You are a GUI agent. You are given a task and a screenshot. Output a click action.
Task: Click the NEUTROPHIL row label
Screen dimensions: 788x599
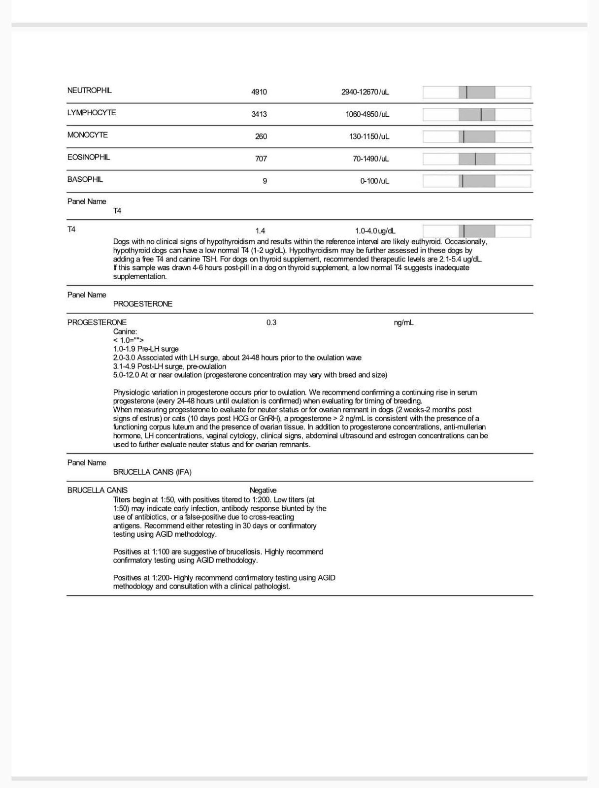[89, 91]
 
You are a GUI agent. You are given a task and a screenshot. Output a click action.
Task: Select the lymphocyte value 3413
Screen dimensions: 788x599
[259, 114]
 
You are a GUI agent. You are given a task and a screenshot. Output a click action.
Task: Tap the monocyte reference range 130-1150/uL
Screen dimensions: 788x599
[369, 136]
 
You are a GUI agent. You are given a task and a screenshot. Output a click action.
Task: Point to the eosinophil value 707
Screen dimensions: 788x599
[261, 159]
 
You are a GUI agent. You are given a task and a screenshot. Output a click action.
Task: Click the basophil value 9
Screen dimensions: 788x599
[265, 181]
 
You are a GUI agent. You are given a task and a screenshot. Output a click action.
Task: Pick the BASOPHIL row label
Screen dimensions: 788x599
[85, 180]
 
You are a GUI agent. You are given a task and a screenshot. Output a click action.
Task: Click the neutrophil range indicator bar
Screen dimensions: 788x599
[476, 92]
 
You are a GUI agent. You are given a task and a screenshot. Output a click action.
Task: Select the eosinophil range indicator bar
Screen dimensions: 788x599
[476, 159]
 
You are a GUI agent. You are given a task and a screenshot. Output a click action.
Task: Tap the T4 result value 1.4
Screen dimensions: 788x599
[260, 231]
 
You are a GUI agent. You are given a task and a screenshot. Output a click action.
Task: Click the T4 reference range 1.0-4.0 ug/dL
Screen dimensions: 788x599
[375, 231]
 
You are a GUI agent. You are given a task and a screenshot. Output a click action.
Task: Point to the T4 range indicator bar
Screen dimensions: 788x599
[476, 231]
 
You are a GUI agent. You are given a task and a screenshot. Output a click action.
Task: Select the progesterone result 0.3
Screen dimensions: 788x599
[271, 323]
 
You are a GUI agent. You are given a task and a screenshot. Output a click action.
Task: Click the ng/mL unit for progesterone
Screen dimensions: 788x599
[403, 323]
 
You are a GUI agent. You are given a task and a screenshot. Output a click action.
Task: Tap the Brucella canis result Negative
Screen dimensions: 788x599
[263, 491]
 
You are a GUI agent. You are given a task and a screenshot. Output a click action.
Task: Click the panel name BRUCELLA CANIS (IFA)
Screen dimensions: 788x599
[152, 472]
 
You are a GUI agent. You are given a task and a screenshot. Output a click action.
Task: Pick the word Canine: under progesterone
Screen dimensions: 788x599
[125, 332]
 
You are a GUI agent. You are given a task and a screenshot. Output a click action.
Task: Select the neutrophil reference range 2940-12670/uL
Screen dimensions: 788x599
[365, 92]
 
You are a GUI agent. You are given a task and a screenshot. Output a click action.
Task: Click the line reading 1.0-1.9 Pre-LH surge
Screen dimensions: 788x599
[146, 349]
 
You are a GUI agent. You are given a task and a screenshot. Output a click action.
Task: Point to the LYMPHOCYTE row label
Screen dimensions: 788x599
[92, 113]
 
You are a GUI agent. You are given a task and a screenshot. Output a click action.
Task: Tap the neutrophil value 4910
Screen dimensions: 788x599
[259, 92]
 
